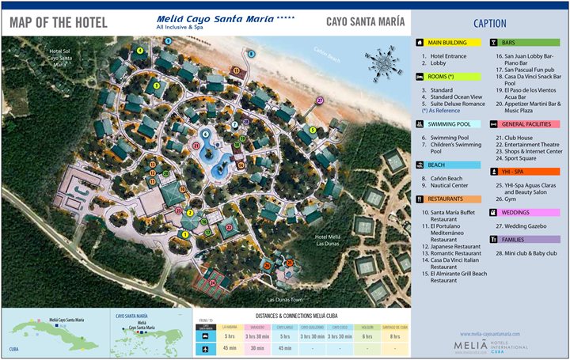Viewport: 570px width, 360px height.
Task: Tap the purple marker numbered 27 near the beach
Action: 320,100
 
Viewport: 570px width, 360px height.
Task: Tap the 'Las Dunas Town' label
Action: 285,300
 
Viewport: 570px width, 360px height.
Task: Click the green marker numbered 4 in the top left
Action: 140,51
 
